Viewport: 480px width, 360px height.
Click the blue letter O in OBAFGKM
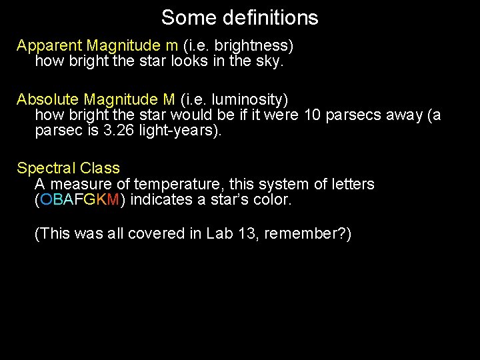click(x=46, y=200)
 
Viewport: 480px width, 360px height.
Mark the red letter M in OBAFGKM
click(x=113, y=200)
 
